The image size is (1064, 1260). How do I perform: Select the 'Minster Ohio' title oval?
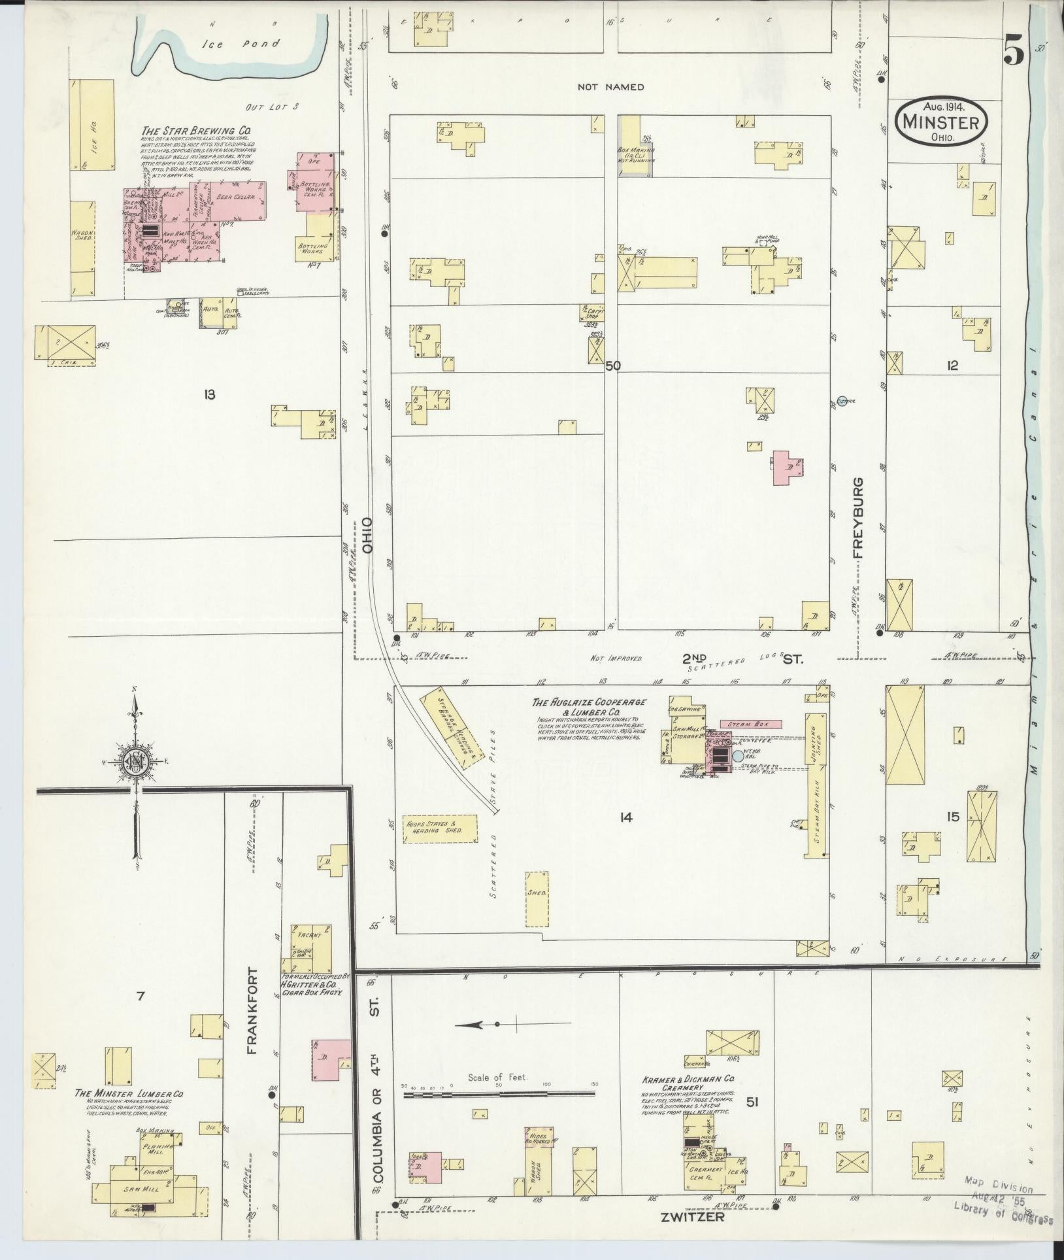940,122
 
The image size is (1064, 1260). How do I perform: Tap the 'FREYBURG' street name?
857,517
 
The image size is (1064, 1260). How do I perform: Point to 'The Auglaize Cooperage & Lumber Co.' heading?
589,707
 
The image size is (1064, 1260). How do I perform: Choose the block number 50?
612,366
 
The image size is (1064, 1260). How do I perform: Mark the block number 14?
625,817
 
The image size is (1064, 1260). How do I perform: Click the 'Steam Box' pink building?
751,724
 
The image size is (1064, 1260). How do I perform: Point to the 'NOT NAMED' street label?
611,86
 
